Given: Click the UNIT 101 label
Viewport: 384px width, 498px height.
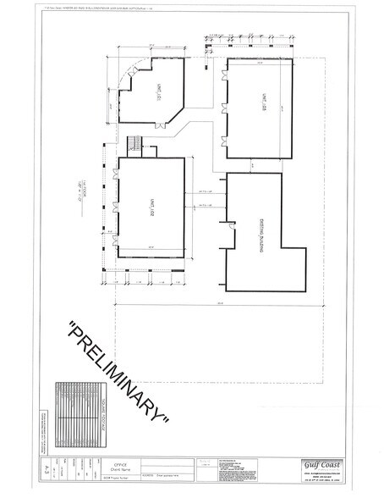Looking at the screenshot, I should [158, 98].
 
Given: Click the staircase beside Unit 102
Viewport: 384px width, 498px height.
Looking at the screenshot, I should [133, 145].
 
